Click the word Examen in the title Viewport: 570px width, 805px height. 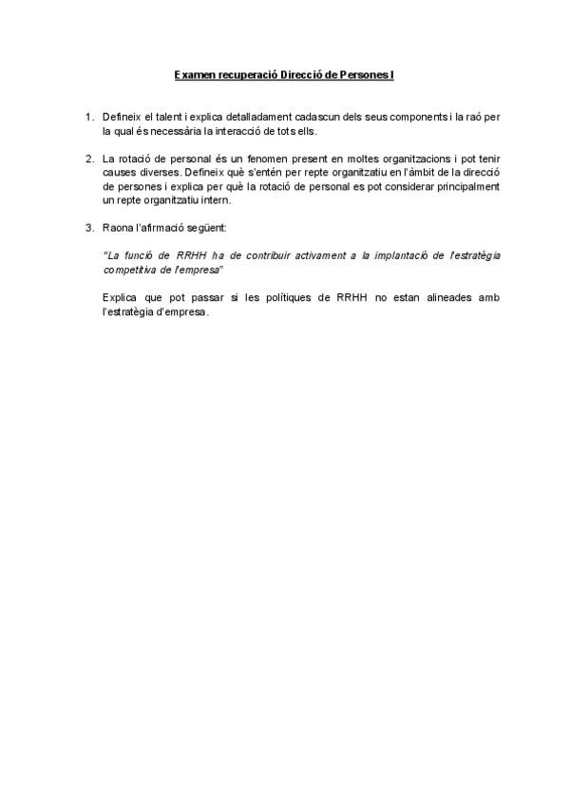point(195,74)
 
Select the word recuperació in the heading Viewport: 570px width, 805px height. point(243,74)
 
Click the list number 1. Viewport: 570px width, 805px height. point(88,117)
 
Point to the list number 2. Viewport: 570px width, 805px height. point(88,158)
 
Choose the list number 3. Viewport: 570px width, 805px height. point(88,228)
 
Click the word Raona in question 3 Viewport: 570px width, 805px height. point(117,228)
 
